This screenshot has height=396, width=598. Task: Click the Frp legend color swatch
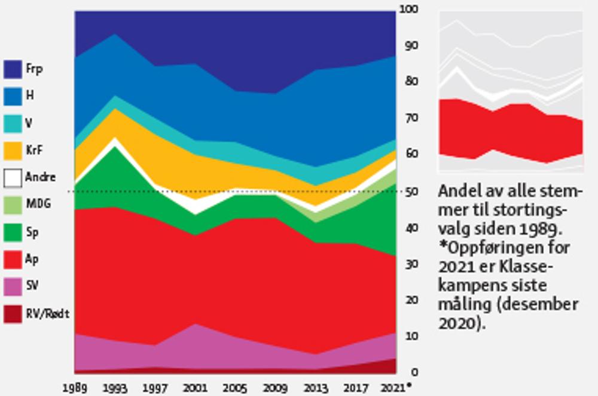(13, 69)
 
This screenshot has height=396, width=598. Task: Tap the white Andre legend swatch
(13, 178)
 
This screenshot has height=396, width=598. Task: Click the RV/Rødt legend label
(47, 313)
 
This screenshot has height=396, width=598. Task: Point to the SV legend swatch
(13, 286)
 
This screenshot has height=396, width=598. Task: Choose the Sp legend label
(31, 232)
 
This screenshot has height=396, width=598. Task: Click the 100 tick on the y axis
(410, 10)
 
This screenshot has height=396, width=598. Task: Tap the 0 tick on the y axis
(406, 373)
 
